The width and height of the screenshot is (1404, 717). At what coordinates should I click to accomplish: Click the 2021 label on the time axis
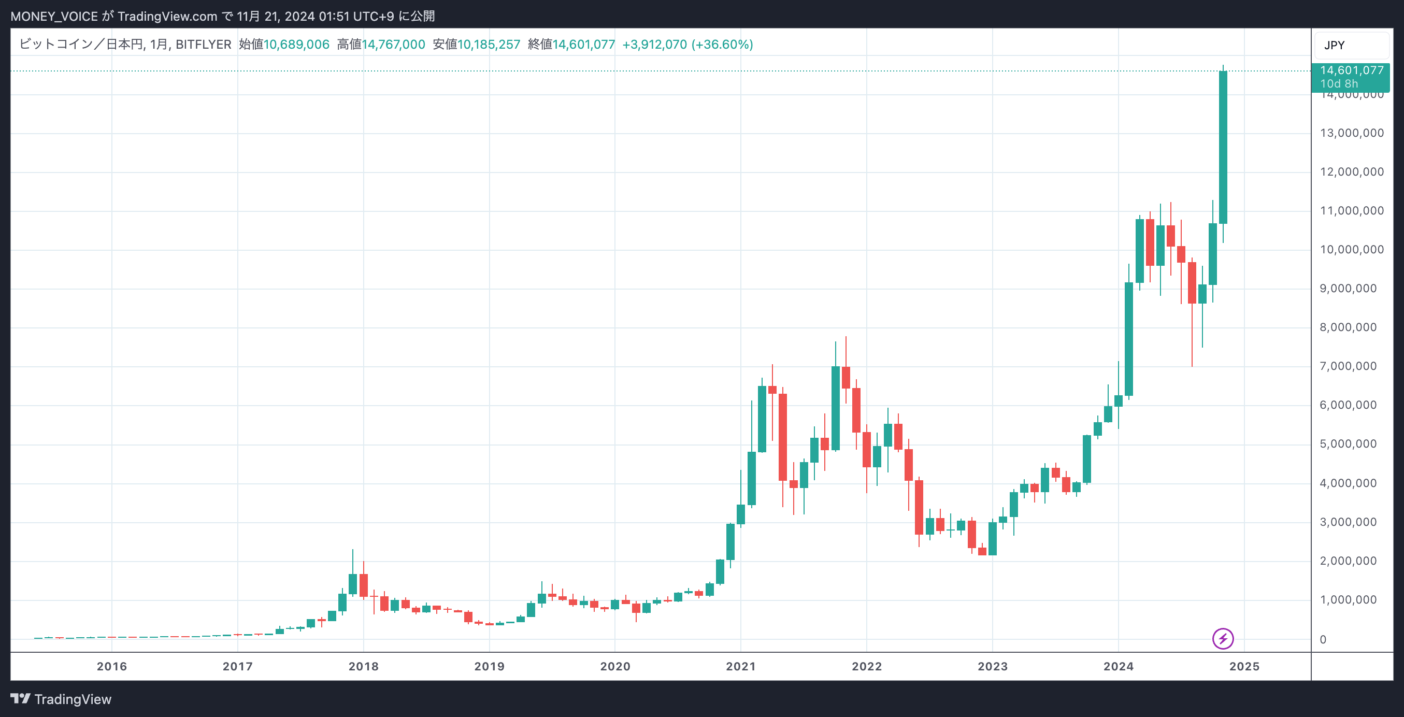coord(740,666)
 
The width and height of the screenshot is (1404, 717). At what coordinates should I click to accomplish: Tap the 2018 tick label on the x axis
coord(364,666)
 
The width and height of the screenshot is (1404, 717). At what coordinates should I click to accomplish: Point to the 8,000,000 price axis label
coord(1348,327)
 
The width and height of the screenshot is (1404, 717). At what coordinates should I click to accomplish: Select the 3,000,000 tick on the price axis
coord(1348,522)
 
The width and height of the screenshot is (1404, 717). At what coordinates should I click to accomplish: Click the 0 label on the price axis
coord(1323,640)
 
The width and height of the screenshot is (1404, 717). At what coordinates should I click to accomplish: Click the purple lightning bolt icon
coord(1223,639)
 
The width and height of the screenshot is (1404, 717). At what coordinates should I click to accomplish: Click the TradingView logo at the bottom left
coord(61,699)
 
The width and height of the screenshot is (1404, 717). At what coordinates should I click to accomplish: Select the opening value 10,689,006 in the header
coord(296,45)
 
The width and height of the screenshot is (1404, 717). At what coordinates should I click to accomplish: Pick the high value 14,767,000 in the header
coord(393,45)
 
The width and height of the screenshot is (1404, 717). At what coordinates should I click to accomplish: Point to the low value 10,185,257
coord(489,45)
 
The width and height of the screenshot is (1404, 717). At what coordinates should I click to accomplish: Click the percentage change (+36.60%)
coord(722,45)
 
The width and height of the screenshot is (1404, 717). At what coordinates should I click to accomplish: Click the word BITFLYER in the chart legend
coord(203,45)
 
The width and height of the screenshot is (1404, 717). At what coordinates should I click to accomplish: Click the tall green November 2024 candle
coord(1223,147)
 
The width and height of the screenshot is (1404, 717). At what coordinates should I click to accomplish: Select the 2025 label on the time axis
coord(1244,666)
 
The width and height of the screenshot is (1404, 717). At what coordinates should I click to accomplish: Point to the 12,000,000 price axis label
coord(1351,172)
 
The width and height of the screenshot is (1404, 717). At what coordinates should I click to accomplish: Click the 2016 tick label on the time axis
coord(112,666)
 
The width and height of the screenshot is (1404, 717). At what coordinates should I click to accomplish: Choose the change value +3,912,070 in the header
coord(654,45)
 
